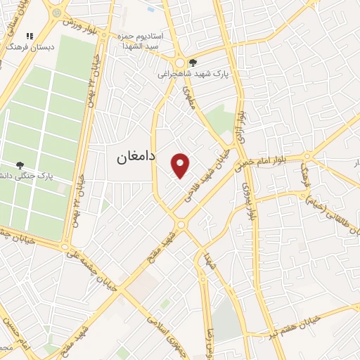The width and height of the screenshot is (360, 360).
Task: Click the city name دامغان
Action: point(136,158)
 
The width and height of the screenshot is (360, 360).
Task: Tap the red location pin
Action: point(181,165)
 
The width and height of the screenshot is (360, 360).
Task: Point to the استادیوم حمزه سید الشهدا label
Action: point(156,40)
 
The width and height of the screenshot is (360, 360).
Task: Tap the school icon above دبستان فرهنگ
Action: point(30,36)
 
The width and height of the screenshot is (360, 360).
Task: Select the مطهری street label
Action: point(188,95)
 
